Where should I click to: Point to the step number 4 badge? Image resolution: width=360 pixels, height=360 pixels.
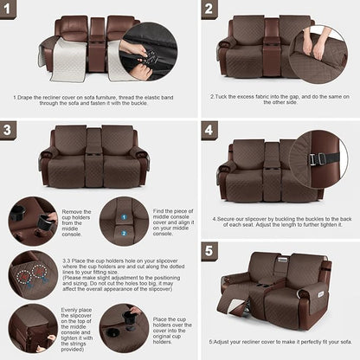[209, 131]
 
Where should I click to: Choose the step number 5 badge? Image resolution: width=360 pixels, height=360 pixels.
[209, 252]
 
